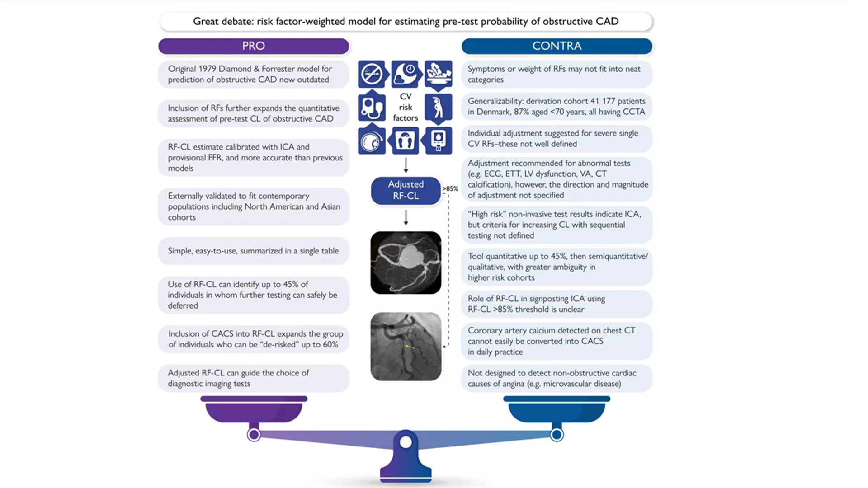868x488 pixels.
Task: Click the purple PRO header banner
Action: [254, 46]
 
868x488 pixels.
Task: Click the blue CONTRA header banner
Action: [557, 46]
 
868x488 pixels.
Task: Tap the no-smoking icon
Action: [372, 74]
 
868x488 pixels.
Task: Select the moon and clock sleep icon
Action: [406, 74]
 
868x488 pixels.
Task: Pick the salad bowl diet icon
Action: [438, 74]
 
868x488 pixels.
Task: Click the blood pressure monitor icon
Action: [372, 108]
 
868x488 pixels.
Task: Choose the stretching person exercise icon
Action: [438, 108]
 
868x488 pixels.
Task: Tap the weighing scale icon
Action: [405, 141]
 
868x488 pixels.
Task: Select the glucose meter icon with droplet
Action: [438, 141]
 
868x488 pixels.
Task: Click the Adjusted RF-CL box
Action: [406, 190]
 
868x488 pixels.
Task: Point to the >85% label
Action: [450, 189]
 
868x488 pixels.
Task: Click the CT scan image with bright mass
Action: [406, 263]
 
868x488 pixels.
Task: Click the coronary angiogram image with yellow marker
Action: [406, 346]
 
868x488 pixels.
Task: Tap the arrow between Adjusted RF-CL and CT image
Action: [406, 217]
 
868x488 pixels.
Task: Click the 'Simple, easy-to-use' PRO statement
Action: [253, 251]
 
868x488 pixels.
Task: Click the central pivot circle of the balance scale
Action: [406, 442]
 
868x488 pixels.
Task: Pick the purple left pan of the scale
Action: [254, 411]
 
